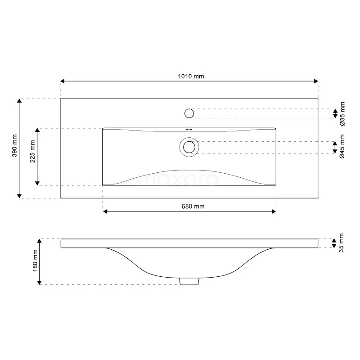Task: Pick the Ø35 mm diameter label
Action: point(342,113)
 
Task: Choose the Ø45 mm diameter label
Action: point(342,148)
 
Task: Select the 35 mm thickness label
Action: point(341,243)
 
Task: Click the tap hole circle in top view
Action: point(189,113)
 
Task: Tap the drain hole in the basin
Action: point(189,147)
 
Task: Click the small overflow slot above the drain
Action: point(189,130)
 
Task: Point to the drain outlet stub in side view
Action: point(189,281)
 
